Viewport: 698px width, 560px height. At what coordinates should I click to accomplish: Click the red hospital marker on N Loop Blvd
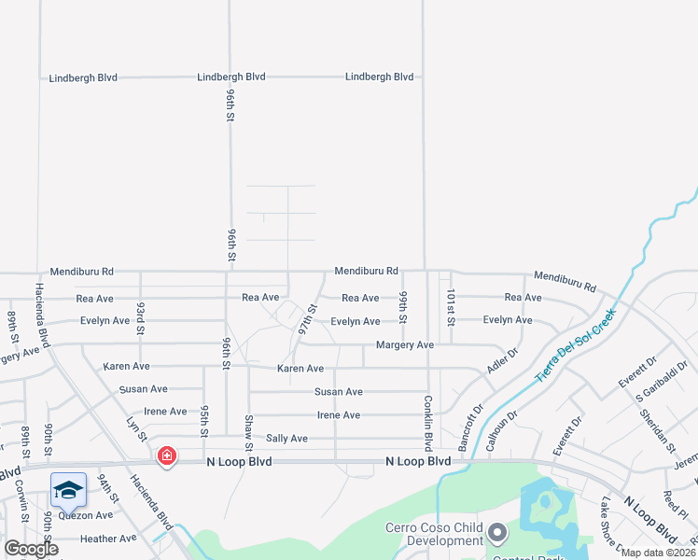[166, 456]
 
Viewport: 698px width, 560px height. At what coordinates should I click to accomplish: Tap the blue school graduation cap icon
[68, 489]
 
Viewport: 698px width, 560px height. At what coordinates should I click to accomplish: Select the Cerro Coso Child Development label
[434, 534]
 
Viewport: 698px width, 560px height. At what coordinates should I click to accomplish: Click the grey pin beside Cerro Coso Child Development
[497, 533]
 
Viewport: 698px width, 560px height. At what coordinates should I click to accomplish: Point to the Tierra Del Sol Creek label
[576, 345]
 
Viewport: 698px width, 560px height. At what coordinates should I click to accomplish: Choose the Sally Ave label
[286, 438]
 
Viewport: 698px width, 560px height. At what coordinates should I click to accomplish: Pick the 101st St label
[450, 307]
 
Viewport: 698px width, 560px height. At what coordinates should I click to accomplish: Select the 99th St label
[403, 307]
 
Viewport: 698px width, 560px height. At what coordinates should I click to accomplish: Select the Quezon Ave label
[85, 515]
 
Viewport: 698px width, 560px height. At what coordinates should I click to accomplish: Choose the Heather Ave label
[108, 539]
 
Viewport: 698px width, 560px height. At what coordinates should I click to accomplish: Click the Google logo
[31, 549]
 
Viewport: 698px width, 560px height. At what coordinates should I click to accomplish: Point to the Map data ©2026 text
[658, 553]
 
